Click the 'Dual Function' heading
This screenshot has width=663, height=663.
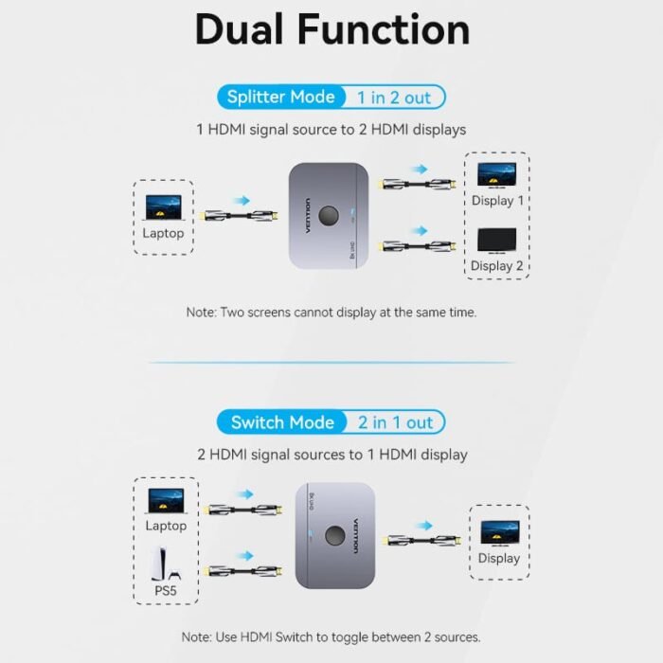coord(331,29)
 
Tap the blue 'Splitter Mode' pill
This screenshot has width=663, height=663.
coord(279,97)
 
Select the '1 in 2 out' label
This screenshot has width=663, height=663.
coord(393,97)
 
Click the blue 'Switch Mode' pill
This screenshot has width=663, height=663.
coord(282,422)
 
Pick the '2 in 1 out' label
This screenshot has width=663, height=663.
coord(395,422)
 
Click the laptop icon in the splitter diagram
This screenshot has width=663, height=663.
coord(163,207)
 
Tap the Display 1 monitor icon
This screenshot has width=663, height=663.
coord(496,175)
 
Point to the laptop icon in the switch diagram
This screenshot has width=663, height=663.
coord(166,501)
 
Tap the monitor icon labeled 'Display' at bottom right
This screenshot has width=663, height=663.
coord(498,531)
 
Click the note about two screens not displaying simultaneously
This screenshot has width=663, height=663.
coord(331,312)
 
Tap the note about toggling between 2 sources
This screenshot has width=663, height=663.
coord(331,636)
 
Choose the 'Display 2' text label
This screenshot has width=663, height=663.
coord(496,266)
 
